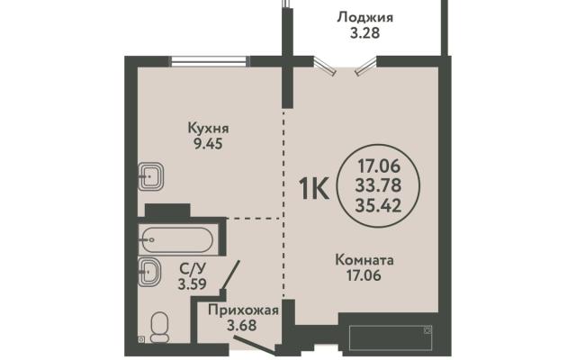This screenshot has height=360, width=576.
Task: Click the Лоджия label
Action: (364, 18)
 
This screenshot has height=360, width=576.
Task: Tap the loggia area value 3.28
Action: (364, 33)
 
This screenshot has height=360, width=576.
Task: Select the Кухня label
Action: (208, 128)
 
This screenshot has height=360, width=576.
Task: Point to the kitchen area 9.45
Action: (208, 144)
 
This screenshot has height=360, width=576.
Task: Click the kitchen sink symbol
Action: (150, 176)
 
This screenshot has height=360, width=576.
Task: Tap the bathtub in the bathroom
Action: (177, 240)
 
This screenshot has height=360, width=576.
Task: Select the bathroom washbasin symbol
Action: (149, 272)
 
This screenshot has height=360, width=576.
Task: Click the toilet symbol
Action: (160, 327)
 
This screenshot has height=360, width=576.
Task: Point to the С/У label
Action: (192, 269)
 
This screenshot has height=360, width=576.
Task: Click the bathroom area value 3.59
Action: (192, 284)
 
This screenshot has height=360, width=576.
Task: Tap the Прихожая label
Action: (243, 310)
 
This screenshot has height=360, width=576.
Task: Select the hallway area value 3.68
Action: (242, 326)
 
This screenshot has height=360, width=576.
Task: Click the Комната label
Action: (364, 260)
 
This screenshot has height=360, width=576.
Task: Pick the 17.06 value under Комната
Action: (364, 275)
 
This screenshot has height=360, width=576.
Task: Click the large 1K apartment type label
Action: (314, 188)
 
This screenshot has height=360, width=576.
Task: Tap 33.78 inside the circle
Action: (378, 185)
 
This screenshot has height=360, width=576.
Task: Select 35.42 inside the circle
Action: (378, 206)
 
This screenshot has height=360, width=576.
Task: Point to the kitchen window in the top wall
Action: (209, 61)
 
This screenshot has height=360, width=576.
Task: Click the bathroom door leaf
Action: (230, 275)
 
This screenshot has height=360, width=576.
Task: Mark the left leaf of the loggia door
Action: (324, 67)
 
